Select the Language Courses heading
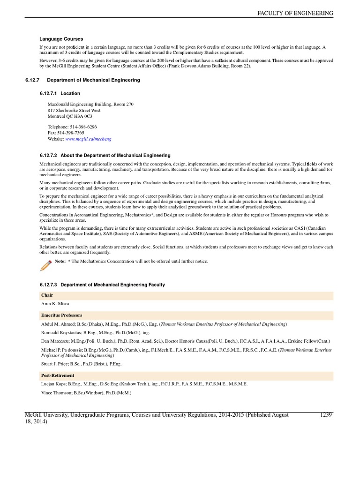tap(61, 39)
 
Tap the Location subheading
tap(70, 93)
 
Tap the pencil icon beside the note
tap(45, 265)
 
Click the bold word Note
tap(60, 261)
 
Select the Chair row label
tap(47, 295)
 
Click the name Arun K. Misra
tap(55, 304)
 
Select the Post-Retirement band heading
tap(57, 375)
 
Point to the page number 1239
tap(326, 415)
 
